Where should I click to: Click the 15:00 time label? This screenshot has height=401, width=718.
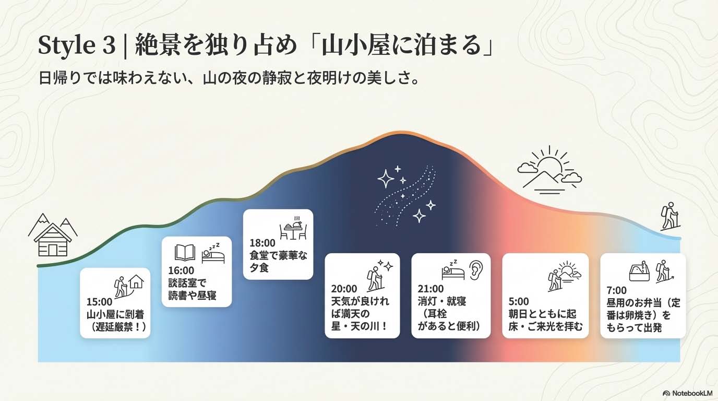point(99,302)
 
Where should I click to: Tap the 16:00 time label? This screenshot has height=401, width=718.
point(181,270)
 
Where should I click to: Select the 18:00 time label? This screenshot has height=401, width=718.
point(262,242)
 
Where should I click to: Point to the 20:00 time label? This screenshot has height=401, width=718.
point(344,289)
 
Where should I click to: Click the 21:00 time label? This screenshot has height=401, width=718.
point(430,289)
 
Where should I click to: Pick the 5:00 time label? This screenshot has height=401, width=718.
point(519,302)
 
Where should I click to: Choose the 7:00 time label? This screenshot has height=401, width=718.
point(616,290)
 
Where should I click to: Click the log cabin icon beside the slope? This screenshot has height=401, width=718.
point(53,235)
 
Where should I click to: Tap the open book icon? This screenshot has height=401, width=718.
point(185,253)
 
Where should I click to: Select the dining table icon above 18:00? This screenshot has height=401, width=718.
point(293,228)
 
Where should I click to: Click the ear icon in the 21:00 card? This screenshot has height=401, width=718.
point(476,269)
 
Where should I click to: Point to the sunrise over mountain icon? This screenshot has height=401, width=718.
point(550,170)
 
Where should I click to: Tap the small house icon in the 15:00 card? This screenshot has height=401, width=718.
point(136,281)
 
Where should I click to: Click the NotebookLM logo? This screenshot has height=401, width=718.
point(688,393)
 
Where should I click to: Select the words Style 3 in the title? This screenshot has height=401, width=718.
point(77,45)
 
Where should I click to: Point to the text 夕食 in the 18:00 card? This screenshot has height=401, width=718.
point(259,267)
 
